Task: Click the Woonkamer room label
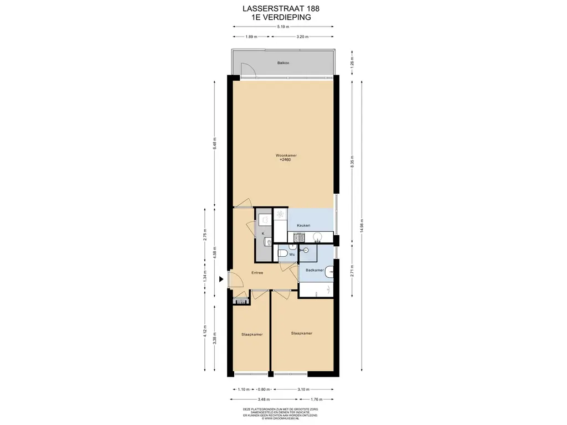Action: pyautogui.click(x=282, y=156)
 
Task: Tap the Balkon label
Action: pyautogui.click(x=283, y=63)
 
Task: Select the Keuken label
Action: pyautogui.click(x=303, y=225)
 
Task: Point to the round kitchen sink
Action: pyautogui.click(x=318, y=237)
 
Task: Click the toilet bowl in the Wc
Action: pyautogui.click(x=282, y=253)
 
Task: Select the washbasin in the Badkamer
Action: pyautogui.click(x=330, y=271)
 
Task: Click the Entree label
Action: pyautogui.click(x=257, y=273)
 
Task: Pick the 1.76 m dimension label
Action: pyautogui.click(x=317, y=399)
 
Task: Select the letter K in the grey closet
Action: pyautogui.click(x=262, y=233)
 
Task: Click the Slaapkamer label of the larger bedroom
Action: pyautogui.click(x=302, y=333)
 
